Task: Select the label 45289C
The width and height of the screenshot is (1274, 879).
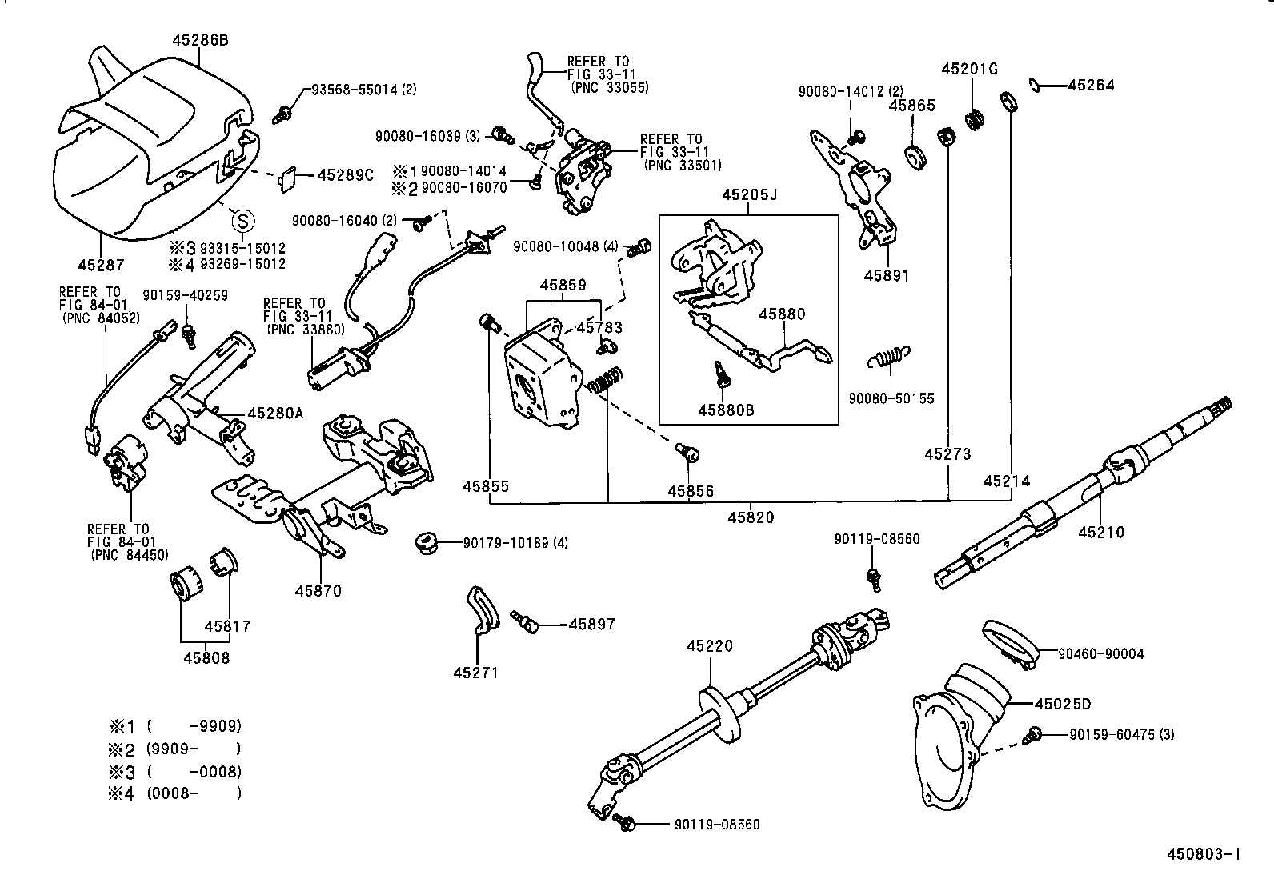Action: click(x=345, y=174)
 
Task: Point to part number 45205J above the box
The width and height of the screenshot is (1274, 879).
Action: click(x=748, y=194)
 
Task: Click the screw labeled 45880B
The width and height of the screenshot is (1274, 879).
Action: click(x=720, y=373)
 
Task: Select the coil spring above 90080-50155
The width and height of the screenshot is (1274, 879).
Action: click(x=889, y=356)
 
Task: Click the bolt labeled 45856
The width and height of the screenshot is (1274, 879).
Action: click(x=687, y=453)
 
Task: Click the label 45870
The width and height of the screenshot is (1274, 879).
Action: click(x=318, y=591)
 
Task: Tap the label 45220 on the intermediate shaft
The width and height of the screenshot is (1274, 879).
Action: click(x=708, y=646)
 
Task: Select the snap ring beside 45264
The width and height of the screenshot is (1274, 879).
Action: click(x=1034, y=85)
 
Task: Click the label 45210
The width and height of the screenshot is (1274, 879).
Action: click(x=1100, y=532)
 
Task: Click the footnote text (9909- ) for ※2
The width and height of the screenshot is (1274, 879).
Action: click(x=194, y=749)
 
